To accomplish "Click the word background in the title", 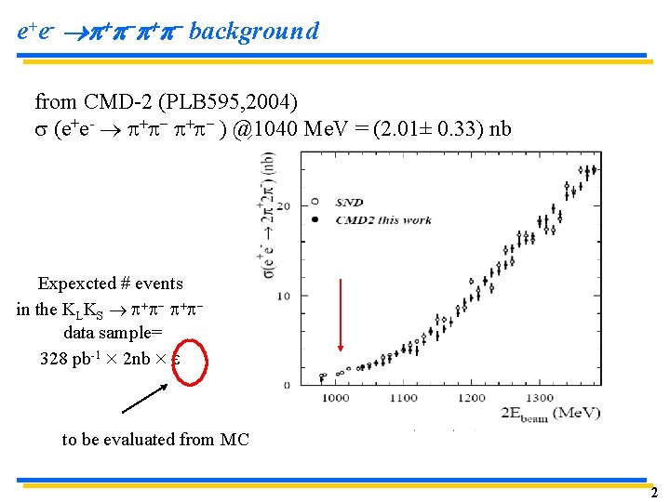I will pyautogui.click(x=253, y=32).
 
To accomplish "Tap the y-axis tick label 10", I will pyautogui.click(x=285, y=296).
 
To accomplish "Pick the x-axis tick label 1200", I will pyautogui.click(x=474, y=398).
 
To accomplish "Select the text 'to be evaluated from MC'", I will pyautogui.click(x=155, y=439).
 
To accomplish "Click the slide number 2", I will pyautogui.click(x=654, y=493).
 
